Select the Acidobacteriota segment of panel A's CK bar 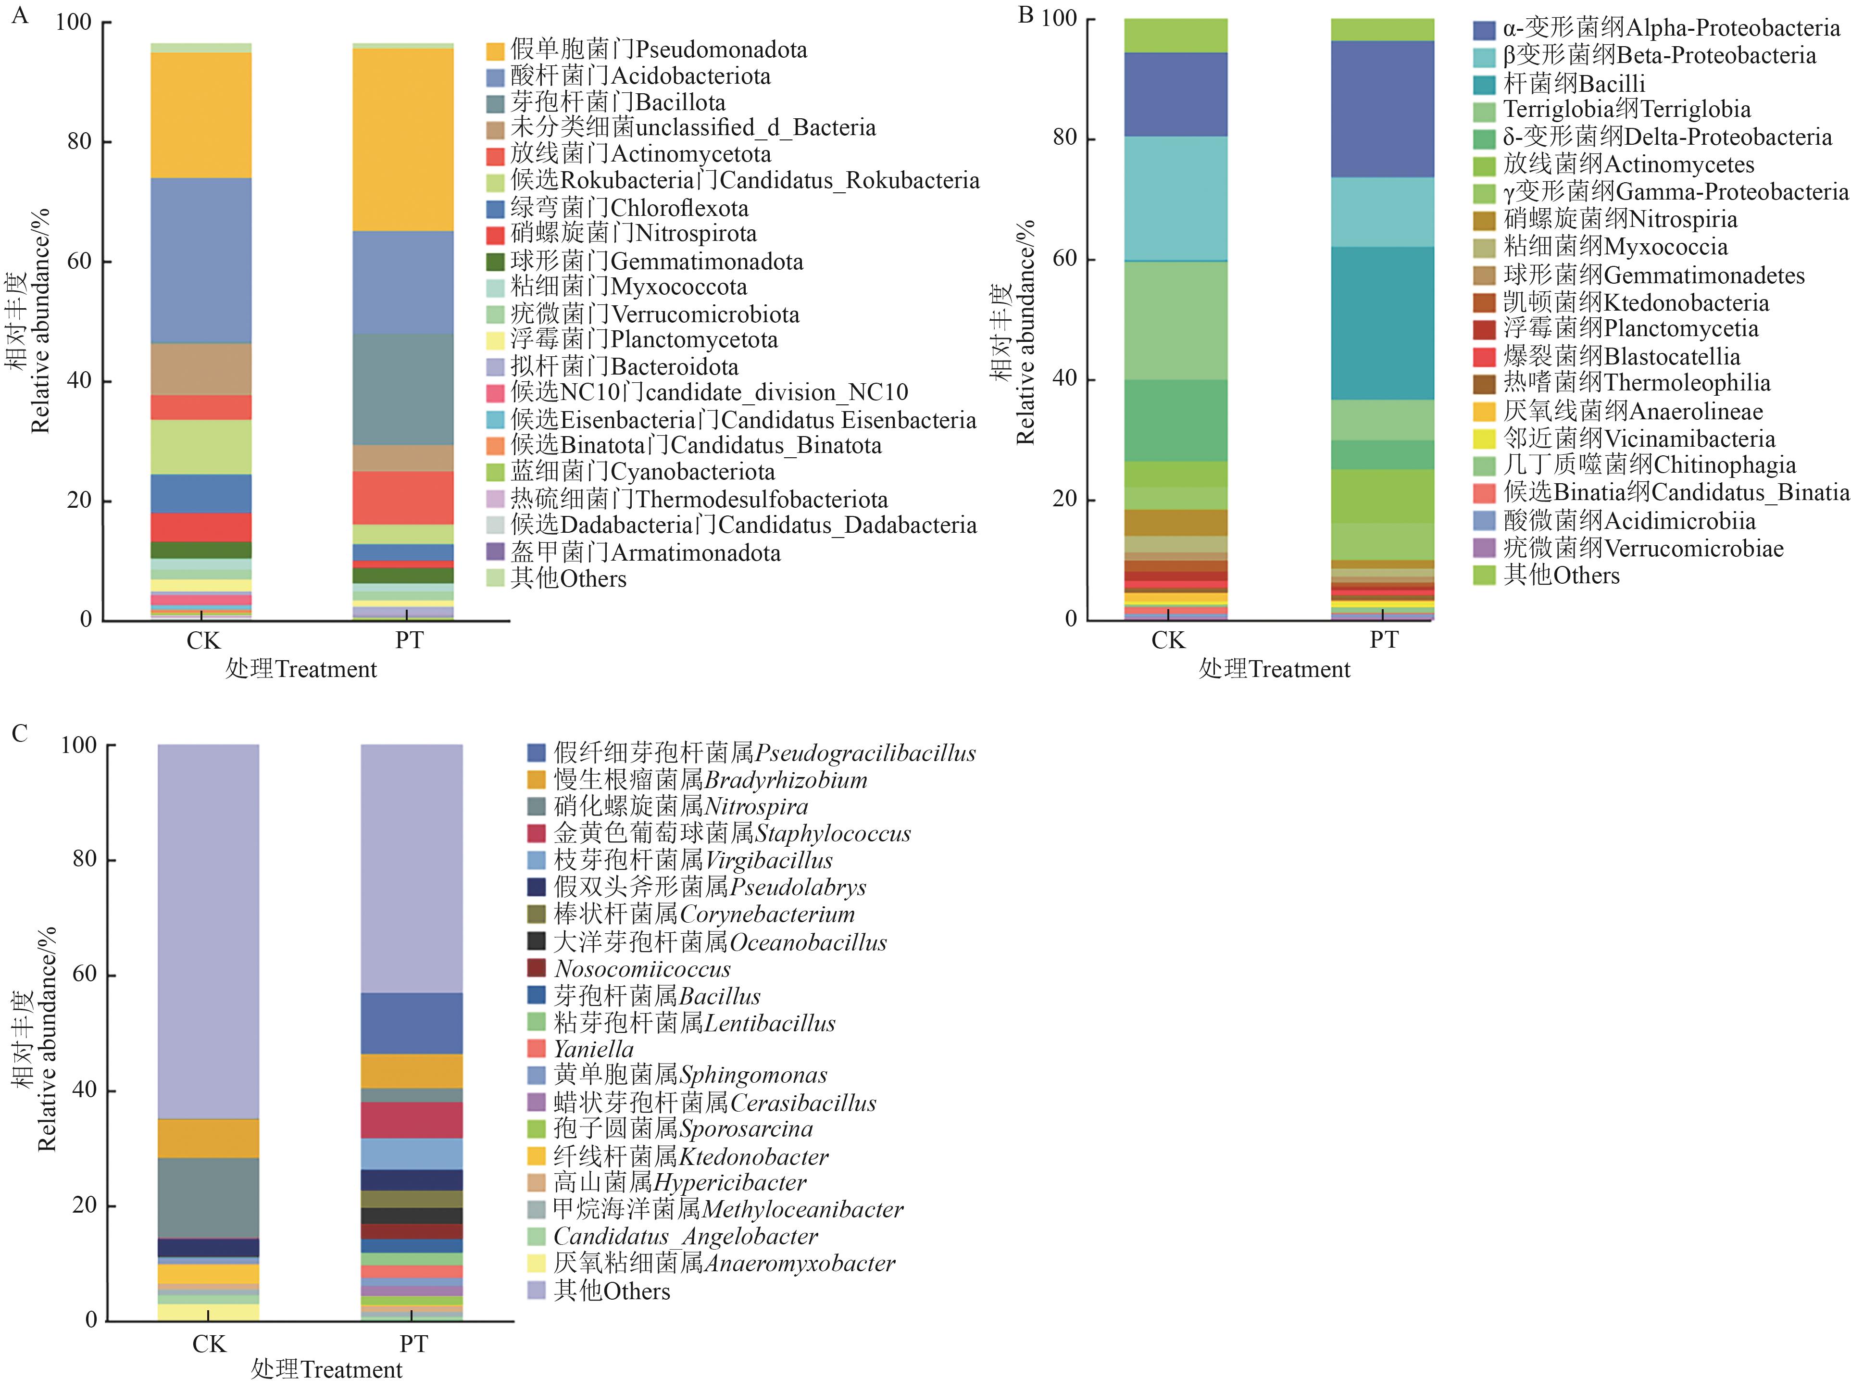tap(201, 260)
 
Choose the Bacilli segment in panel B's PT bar tap(1382, 323)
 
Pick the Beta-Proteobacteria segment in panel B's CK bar tap(1176, 199)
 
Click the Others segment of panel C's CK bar tap(208, 931)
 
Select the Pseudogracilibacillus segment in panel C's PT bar tap(411, 1023)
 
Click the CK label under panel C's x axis tap(208, 1344)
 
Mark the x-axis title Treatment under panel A tap(301, 670)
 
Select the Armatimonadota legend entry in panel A tap(644, 553)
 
